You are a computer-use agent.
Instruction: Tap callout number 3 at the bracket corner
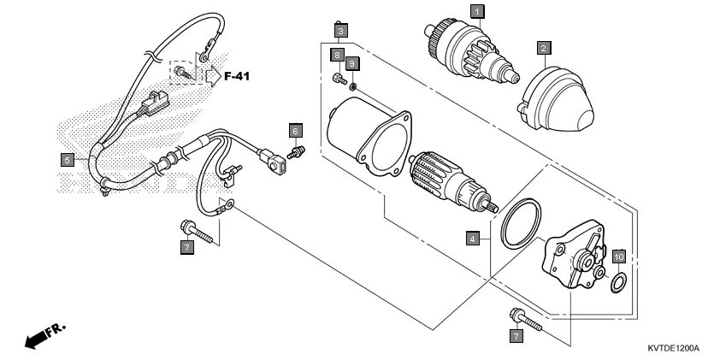[x=340, y=31]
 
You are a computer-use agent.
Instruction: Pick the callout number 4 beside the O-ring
[x=472, y=239]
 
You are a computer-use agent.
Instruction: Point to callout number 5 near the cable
[x=66, y=158]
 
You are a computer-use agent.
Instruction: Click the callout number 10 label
[x=620, y=256]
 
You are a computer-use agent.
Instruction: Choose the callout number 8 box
[x=338, y=56]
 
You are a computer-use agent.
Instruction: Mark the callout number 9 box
[x=352, y=64]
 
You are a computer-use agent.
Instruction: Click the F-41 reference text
[x=238, y=77]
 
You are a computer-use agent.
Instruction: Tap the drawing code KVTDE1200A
[x=673, y=349]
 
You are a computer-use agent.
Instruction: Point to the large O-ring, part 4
[x=522, y=224]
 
